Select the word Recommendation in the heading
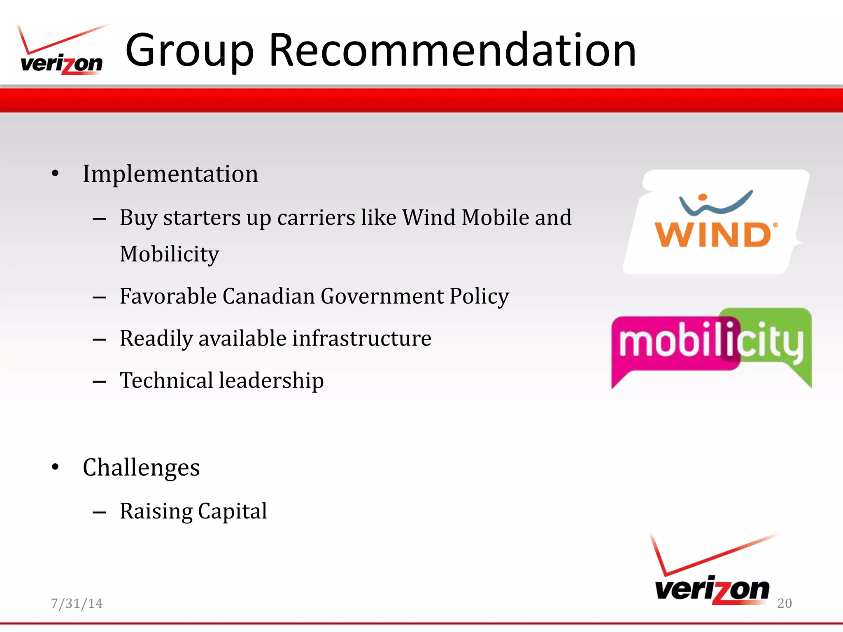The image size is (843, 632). (453, 50)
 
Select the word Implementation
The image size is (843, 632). (170, 174)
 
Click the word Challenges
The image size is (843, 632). (141, 468)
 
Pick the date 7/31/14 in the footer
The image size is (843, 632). (77, 603)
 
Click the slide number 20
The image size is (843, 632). (784, 603)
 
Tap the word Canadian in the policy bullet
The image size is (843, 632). (269, 296)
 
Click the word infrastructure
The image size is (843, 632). (362, 339)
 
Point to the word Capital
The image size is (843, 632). (233, 511)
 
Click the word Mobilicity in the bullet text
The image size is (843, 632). (169, 254)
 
